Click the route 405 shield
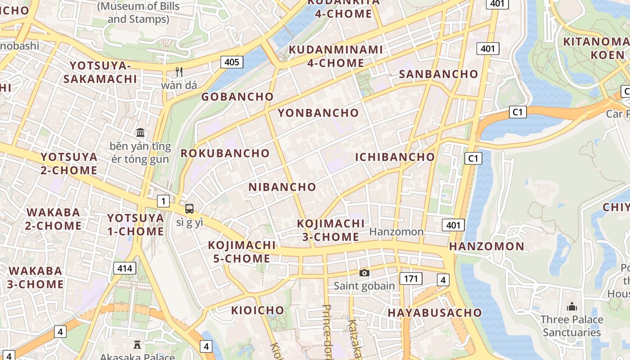[232, 62]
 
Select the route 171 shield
[411, 279]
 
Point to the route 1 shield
[163, 201]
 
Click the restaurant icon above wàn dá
[179, 72]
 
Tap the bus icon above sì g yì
[189, 209]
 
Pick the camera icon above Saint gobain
[364, 273]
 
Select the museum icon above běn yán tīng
[140, 133]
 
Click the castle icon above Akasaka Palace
[137, 345]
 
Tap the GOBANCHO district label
[237, 97]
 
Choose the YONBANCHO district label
[318, 113]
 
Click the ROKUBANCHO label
[225, 153]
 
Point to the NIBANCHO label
[282, 187]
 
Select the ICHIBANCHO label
[395, 157]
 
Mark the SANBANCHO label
[438, 74]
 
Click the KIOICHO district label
[257, 310]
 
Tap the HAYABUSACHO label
[435, 313]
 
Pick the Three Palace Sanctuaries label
[571, 326]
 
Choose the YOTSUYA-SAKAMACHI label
[100, 72]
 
